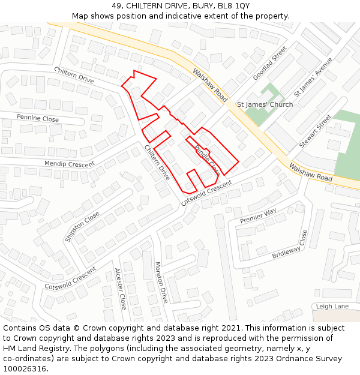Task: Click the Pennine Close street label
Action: click(x=38, y=118)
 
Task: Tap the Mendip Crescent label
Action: click(x=70, y=164)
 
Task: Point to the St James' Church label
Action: click(x=265, y=104)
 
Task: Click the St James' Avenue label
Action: click(x=313, y=79)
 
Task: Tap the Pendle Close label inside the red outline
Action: click(x=207, y=155)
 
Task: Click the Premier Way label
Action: click(x=258, y=216)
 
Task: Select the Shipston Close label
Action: click(x=82, y=226)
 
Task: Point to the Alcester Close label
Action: click(x=120, y=288)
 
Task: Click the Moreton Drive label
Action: click(x=161, y=282)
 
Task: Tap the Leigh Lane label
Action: click(x=332, y=306)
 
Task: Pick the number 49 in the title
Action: click(x=116, y=5)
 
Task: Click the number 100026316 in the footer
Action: click(x=24, y=369)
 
